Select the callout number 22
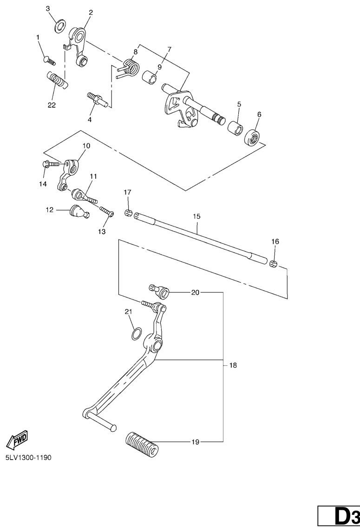click(51, 105)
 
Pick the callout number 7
click(170, 49)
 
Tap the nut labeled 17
click(128, 213)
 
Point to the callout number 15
click(196, 216)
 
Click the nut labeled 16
click(274, 264)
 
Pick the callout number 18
click(233, 365)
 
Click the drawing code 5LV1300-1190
click(28, 457)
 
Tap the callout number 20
click(195, 292)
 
